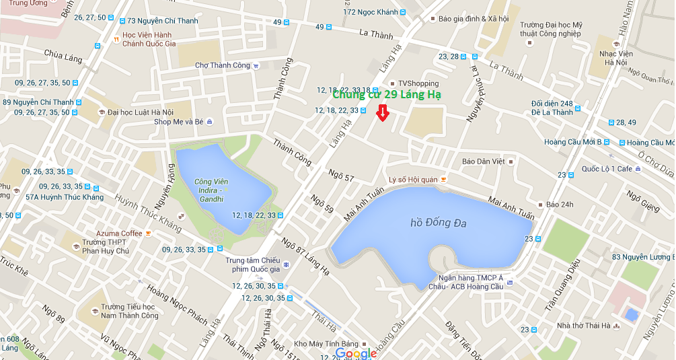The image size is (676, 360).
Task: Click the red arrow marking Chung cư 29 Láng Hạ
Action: pos(382,112)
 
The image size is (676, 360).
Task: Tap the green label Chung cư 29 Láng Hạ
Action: pos(387,95)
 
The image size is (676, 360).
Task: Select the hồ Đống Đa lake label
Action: pos(439,223)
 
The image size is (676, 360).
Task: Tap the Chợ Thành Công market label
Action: pos(222,65)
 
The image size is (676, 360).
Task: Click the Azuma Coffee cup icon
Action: pos(149,233)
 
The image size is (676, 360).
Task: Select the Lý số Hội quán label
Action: pos(413,180)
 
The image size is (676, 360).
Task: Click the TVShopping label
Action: pos(418,83)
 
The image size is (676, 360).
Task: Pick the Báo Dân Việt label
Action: pos(483,161)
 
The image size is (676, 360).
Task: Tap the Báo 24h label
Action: pos(560,205)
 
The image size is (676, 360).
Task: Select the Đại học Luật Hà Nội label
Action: pos(140,112)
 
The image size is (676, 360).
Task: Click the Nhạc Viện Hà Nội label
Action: pos(613,57)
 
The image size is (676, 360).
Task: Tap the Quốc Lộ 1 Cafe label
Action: pos(607,169)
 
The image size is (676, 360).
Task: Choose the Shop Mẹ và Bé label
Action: pos(178,122)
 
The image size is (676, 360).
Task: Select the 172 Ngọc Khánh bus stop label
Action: pos(371,12)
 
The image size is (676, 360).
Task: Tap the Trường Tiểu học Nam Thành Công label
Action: pos(129,311)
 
